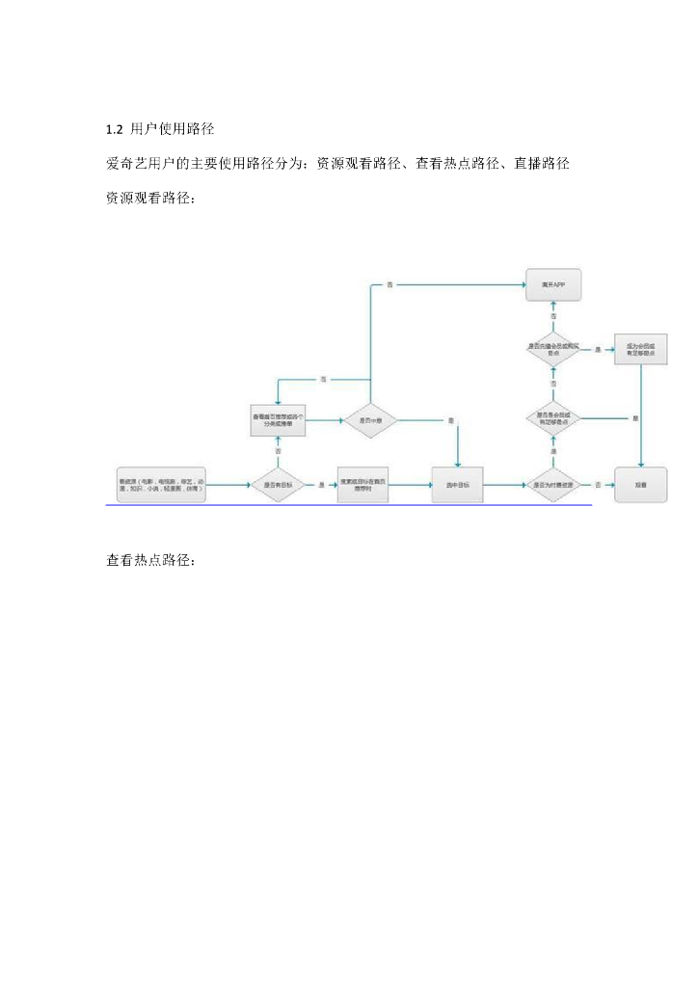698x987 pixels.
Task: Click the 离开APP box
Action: click(553, 285)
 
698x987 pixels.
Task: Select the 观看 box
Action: click(641, 484)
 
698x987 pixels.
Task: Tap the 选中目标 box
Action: click(457, 484)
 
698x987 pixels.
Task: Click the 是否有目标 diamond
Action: click(279, 484)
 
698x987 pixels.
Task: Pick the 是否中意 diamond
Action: click(371, 420)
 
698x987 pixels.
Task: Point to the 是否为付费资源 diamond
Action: click(553, 484)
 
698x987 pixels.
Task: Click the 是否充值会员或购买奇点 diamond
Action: click(553, 349)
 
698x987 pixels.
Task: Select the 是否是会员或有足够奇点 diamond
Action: click(553, 418)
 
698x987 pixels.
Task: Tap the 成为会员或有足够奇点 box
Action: click(641, 349)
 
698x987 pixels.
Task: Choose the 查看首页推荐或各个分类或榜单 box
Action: click(279, 420)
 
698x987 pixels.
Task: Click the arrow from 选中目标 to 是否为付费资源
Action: click(503, 484)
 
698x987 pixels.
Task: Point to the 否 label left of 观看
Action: click(598, 484)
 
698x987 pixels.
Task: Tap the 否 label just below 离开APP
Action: click(553, 316)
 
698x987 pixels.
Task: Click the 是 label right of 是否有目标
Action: click(321, 484)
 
